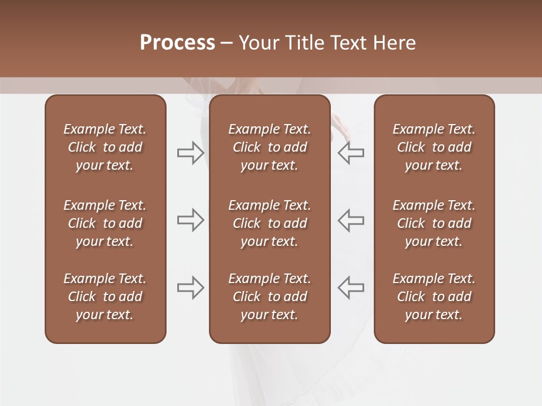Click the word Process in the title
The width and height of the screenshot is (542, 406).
177,43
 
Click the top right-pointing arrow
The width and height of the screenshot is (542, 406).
190,153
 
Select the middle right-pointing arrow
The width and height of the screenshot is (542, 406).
190,220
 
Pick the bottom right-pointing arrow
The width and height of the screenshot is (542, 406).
190,288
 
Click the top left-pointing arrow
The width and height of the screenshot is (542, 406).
351,153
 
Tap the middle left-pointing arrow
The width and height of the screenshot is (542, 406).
351,220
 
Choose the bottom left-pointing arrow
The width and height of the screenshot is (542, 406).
351,288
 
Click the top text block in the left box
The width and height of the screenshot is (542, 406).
105,147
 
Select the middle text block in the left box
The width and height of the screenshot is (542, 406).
105,223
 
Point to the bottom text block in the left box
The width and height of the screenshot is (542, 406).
105,297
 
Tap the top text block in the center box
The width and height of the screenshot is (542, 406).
269,147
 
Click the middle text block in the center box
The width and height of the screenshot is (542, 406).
269,223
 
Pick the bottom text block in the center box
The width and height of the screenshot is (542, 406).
269,297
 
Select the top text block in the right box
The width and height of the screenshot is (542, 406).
434,147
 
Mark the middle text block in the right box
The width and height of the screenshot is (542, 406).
434,223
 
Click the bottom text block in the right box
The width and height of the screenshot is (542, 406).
434,297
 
